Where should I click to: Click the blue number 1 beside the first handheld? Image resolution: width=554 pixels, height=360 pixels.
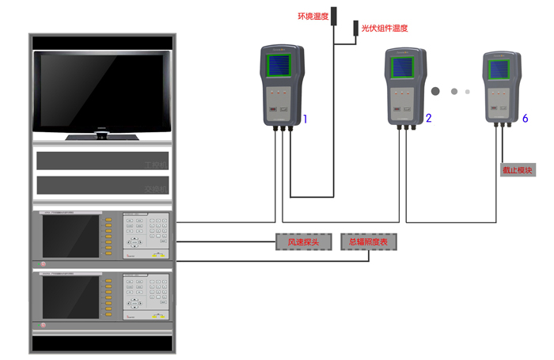pyautogui.click(x=305, y=119)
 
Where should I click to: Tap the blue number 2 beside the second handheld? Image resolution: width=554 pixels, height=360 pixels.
pyautogui.click(x=428, y=119)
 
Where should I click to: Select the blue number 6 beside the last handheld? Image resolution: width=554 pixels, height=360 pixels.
pyautogui.click(x=525, y=119)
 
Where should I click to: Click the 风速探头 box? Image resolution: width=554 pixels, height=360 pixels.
pyautogui.click(x=303, y=241)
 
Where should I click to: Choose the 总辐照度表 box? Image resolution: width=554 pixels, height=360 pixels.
pyautogui.click(x=368, y=241)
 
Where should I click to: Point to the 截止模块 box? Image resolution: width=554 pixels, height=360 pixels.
pyautogui.click(x=518, y=170)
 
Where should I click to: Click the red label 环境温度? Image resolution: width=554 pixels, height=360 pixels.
pyautogui.click(x=312, y=15)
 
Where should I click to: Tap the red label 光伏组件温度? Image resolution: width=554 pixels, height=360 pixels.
pyautogui.click(x=385, y=28)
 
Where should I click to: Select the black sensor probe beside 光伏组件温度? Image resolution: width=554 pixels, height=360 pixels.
pyautogui.click(x=355, y=28)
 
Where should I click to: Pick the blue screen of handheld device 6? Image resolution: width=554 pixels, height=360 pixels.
pyautogui.click(x=500, y=69)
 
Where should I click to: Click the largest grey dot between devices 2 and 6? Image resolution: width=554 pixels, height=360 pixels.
pyautogui.click(x=436, y=90)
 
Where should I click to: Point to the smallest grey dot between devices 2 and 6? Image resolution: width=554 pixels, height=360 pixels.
pyautogui.click(x=468, y=91)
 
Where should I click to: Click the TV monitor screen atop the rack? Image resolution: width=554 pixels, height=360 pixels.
pyautogui.click(x=102, y=92)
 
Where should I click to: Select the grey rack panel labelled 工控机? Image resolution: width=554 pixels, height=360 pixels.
pyautogui.click(x=102, y=161)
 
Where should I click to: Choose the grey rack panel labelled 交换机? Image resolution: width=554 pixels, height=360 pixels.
pyautogui.click(x=102, y=186)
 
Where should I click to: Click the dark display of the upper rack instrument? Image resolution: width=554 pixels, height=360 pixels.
pyautogui.click(x=71, y=235)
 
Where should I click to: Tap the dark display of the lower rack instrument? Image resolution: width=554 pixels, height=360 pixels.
pyautogui.click(x=71, y=297)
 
